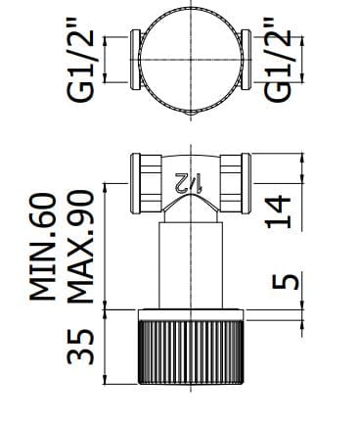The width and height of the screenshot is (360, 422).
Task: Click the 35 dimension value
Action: coord(83,348)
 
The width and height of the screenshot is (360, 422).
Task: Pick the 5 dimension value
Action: coord(279,283)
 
